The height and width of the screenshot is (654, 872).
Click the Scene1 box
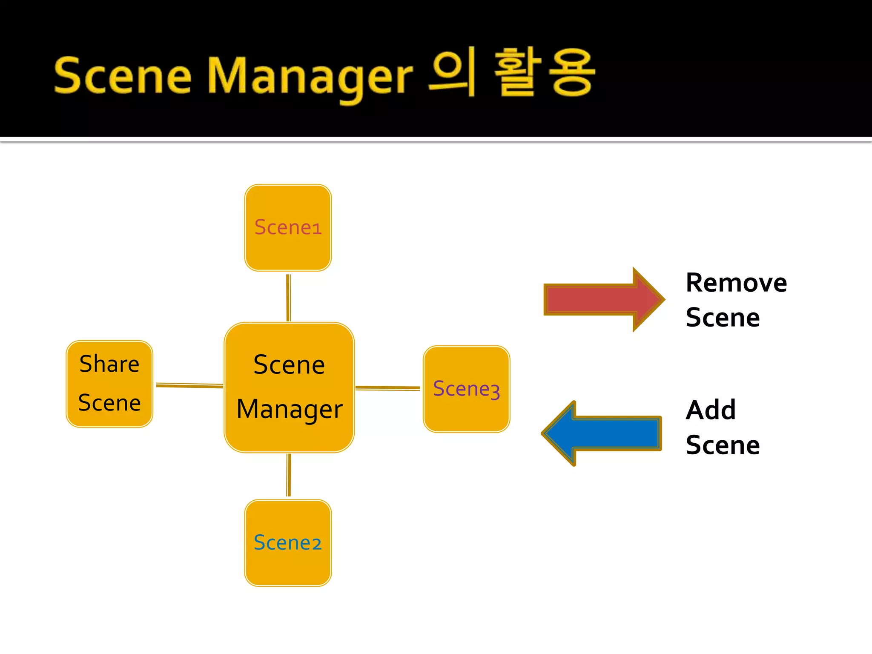coord(288,228)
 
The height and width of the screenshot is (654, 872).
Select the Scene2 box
coord(288,543)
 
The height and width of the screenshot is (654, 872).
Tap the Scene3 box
coord(466,389)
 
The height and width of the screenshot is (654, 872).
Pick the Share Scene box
coord(109,384)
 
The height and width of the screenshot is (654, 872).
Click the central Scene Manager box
coord(289,387)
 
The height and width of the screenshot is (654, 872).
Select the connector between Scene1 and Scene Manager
coord(288,297)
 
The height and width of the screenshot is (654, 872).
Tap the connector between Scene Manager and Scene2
coord(289,475)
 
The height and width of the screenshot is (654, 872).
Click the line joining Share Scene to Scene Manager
coord(189,385)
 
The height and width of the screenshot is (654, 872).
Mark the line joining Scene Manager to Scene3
coord(387,388)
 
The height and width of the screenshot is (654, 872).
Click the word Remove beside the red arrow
coord(736,283)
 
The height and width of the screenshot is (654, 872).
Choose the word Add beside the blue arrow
coord(710,410)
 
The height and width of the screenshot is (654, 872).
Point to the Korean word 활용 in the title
coord(545,72)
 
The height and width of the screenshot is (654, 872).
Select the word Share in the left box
coord(109,364)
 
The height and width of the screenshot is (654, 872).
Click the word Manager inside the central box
coord(290,410)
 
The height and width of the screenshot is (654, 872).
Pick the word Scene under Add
coord(723,445)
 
